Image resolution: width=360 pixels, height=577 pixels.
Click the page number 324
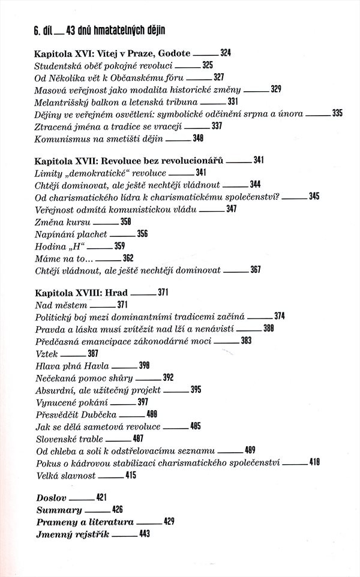tap(226, 53)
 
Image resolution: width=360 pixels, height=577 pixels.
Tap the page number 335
tap(337, 113)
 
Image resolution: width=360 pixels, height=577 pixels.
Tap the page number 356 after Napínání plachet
tap(142, 233)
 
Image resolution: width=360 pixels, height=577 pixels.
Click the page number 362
tap(128, 258)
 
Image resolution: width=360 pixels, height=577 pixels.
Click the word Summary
tap(59, 510)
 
